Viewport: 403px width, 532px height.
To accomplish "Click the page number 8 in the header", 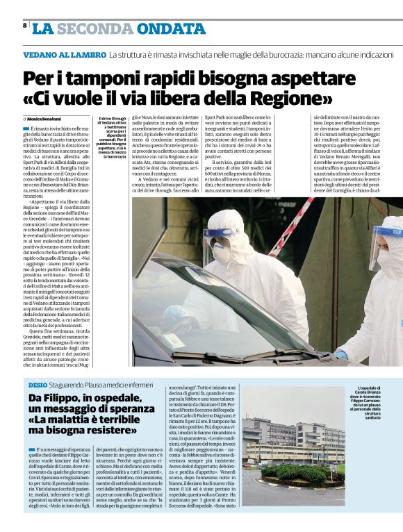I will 25,26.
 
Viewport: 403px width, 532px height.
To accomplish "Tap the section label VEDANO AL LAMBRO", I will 64,54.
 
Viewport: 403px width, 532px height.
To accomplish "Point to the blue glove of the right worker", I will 341,354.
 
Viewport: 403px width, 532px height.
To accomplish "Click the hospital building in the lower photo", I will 306,438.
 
